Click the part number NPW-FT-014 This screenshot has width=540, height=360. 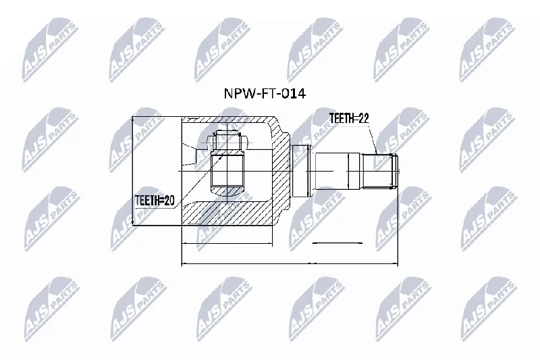click(265, 93)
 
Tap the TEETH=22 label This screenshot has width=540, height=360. click(349, 118)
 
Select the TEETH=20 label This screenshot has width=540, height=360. click(155, 201)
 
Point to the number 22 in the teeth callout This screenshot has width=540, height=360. click(363, 118)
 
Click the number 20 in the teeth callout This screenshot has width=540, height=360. click(169, 201)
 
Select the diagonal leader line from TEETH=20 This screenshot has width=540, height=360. click(198, 181)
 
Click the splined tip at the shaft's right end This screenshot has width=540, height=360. click(379, 171)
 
